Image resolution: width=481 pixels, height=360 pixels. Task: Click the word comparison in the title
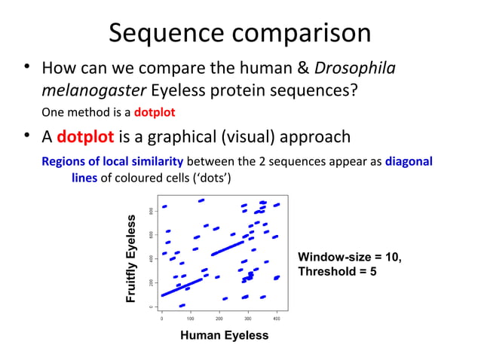[305, 33]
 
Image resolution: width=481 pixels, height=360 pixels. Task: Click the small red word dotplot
[155, 113]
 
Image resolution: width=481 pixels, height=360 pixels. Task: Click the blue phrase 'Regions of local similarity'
[112, 161]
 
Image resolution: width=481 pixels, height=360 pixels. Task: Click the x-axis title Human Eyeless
[224, 335]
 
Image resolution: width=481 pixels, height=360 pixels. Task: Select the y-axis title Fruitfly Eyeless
[132, 259]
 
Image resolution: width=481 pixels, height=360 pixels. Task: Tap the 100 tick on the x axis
[190, 319]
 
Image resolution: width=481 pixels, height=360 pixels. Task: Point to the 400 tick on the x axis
[277, 319]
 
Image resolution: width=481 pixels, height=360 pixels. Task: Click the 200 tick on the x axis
[219, 319]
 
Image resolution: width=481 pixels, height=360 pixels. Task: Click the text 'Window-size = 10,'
[350, 258]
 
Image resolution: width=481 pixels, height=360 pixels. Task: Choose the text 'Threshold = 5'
[337, 271]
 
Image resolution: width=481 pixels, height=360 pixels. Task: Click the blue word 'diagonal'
[408, 161]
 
